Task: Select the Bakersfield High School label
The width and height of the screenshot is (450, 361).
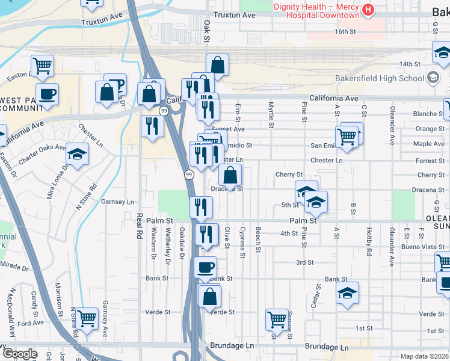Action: coord(378,78)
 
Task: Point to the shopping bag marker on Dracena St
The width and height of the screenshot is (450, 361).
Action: coord(230,176)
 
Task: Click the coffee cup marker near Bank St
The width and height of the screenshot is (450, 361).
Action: coord(205,267)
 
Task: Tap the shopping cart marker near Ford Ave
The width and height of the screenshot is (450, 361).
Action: coord(87,317)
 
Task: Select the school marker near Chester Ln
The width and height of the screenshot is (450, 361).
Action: coord(77,155)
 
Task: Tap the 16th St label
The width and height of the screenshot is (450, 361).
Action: coord(346,31)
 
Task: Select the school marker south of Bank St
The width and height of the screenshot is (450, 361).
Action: coord(347,293)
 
